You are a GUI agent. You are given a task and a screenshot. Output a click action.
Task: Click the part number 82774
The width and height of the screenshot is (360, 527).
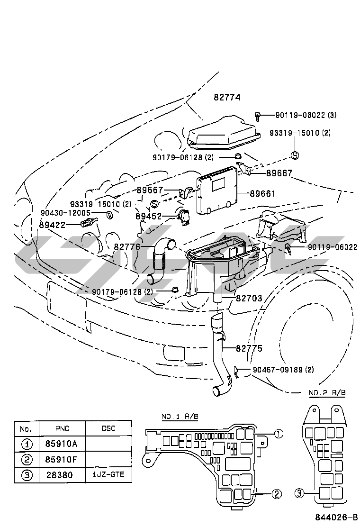coord(227,98)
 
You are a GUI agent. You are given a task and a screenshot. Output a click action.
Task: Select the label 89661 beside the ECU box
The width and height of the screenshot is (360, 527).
coord(262,193)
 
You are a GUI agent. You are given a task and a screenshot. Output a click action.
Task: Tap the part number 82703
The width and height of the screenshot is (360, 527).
coord(249,298)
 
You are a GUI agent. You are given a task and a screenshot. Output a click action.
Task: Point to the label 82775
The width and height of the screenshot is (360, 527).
coord(249,348)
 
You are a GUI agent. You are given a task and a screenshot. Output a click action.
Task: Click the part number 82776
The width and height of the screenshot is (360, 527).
coord(127,247)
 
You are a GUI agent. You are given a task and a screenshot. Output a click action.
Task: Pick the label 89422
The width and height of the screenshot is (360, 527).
coord(52,225)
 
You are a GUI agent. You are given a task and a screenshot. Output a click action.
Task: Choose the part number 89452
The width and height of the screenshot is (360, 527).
coord(148,216)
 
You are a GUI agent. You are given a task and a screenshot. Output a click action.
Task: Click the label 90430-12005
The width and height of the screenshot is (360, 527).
coord(65,213)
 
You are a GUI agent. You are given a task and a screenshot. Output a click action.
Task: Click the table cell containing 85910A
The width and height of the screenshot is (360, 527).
coord(62,444)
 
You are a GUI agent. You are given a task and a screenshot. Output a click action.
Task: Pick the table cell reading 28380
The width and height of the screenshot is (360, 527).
coord(62,475)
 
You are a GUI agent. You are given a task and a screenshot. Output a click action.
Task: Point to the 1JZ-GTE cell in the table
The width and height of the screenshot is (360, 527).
coord(108,474)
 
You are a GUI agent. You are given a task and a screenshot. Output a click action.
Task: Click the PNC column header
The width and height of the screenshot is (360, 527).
coord(62,428)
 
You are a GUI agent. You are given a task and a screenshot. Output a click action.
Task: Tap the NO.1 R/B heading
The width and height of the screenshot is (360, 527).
coord(180,417)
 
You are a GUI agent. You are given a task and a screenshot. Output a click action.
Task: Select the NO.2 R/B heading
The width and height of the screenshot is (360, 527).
coord(327,392)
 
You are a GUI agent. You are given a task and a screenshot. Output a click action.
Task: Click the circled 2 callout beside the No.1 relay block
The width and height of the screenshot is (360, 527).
coord(276,494)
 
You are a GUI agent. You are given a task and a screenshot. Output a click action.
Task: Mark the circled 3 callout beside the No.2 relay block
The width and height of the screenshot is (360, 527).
coord(299,493)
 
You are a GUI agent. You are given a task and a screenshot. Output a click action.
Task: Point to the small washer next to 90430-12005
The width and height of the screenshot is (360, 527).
coord(109,214)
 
